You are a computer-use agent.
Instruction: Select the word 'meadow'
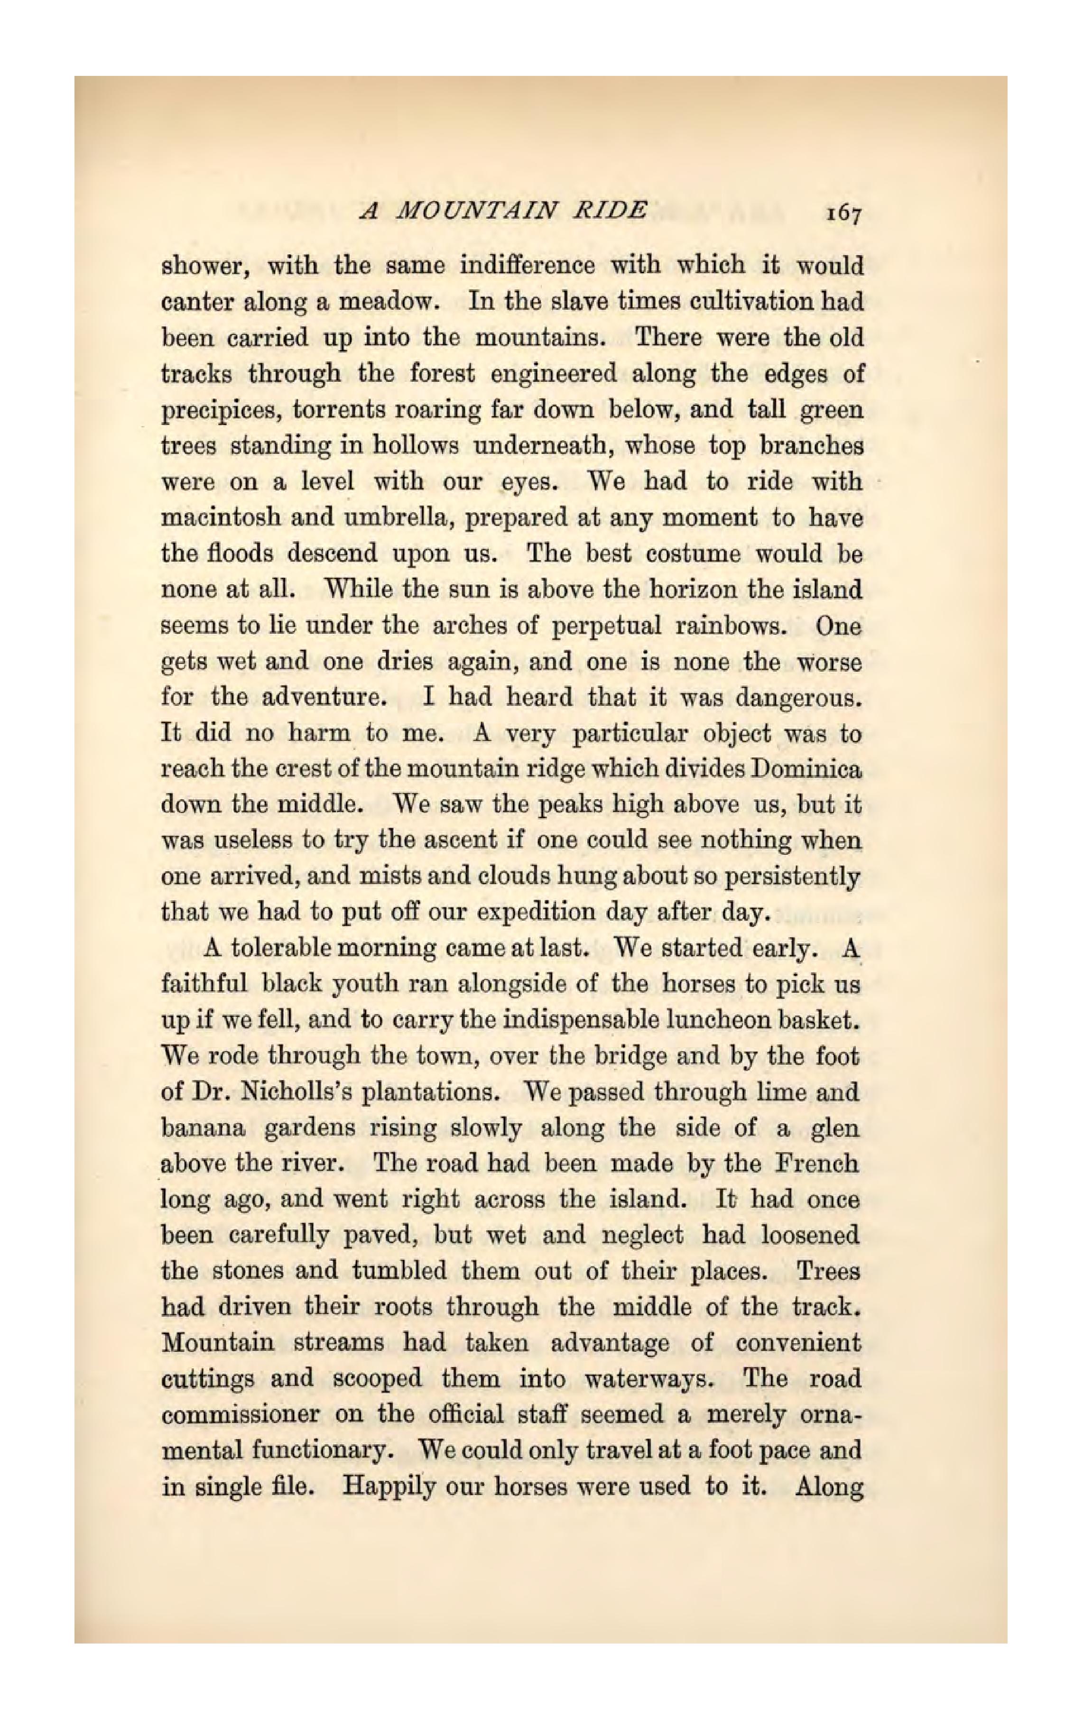tap(385, 303)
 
